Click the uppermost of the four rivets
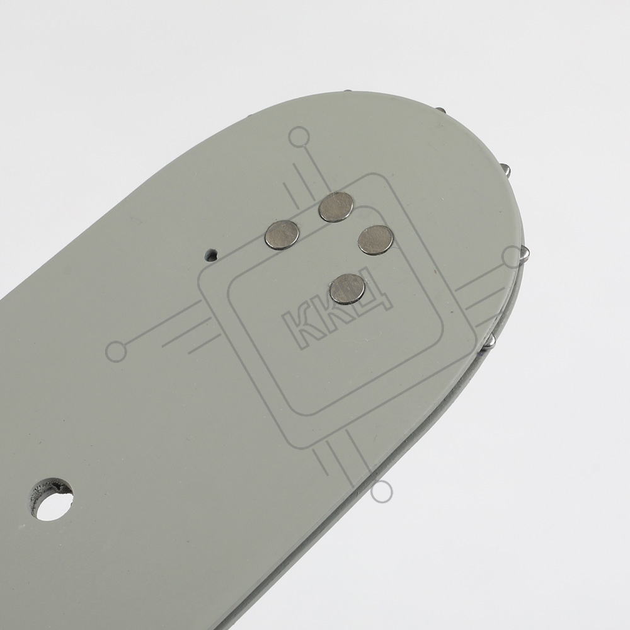tap(336, 207)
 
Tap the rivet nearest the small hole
tap(282, 236)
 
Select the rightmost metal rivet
tap(375, 240)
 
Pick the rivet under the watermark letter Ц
tap(348, 289)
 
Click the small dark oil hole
tap(210, 255)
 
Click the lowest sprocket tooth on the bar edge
tap(491, 340)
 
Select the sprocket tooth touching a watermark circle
tap(525, 254)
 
